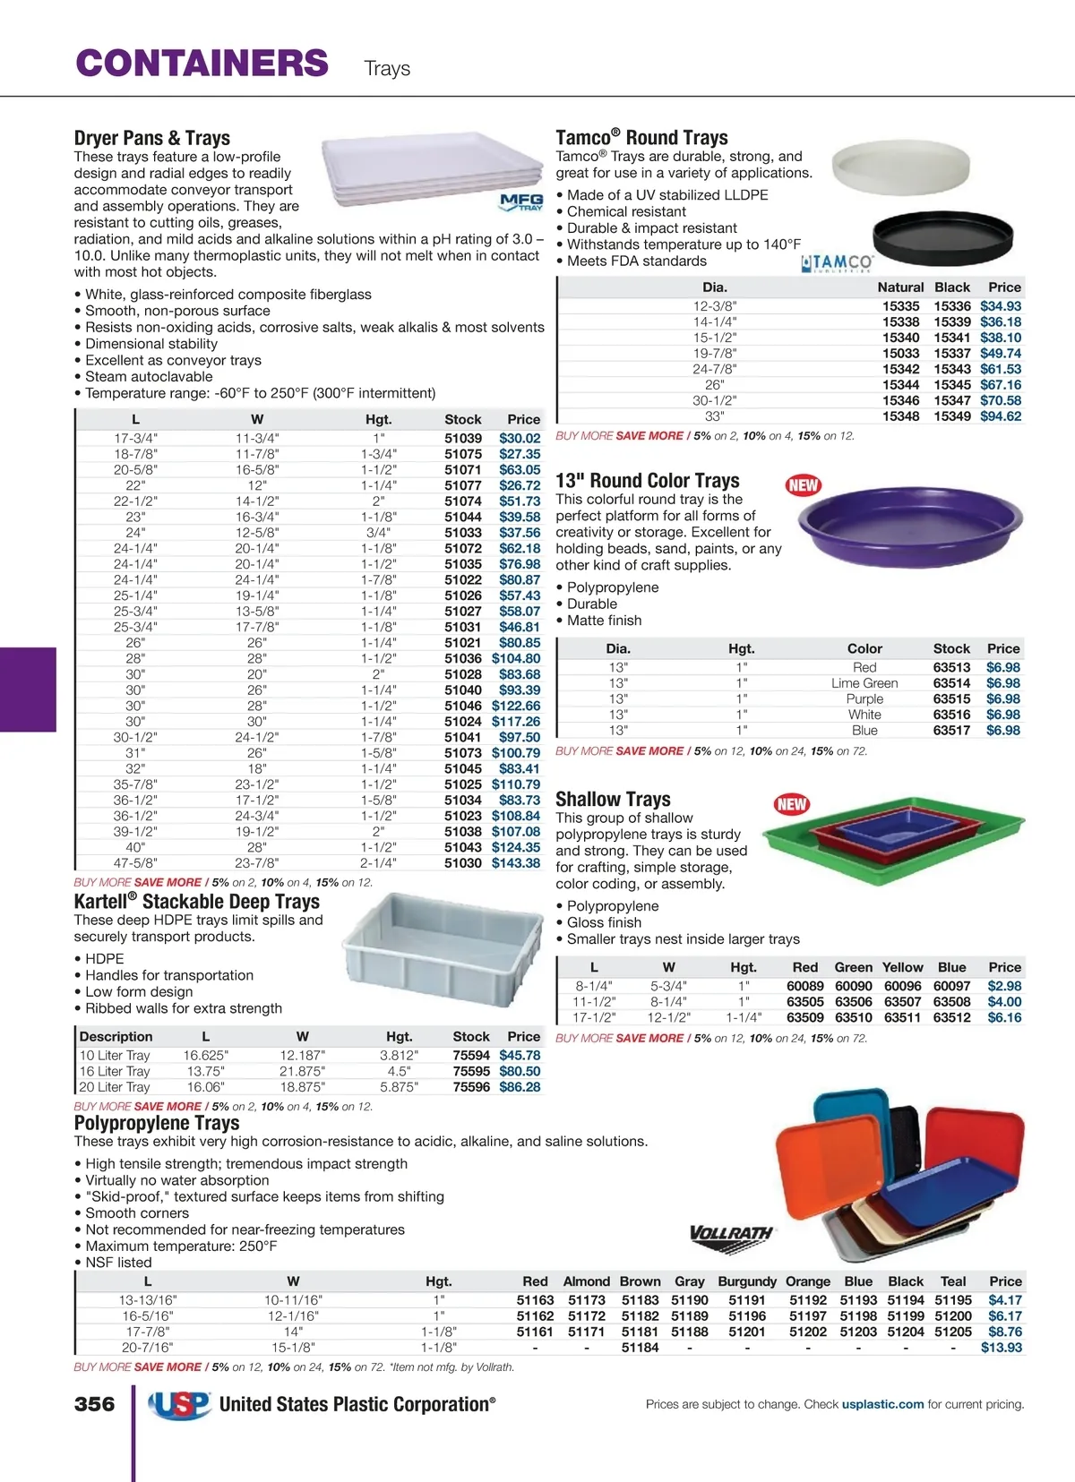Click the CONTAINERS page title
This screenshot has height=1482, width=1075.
[x=202, y=64]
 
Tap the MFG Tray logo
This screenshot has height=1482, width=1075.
[x=521, y=202]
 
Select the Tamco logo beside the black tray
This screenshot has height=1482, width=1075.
[x=837, y=263]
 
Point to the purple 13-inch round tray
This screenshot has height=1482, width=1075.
[x=909, y=525]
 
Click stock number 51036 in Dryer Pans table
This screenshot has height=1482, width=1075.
[x=463, y=658]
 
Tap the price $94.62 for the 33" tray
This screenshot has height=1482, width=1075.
[x=1000, y=416]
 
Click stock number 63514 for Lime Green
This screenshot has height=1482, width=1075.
[x=951, y=683]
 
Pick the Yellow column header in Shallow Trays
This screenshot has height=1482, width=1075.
[x=902, y=967]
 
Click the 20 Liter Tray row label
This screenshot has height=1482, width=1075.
[x=115, y=1087]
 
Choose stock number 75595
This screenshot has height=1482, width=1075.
[x=471, y=1071]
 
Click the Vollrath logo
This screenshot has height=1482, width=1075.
[x=731, y=1234]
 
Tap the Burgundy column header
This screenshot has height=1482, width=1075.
[x=747, y=1281]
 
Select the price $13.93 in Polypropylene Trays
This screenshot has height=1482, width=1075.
[x=1001, y=1348]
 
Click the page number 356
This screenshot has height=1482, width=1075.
[x=95, y=1404]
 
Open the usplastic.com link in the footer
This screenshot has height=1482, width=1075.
[x=882, y=1404]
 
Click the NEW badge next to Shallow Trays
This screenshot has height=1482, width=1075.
[x=792, y=804]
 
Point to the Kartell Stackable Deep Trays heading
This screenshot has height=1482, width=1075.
[x=197, y=901]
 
